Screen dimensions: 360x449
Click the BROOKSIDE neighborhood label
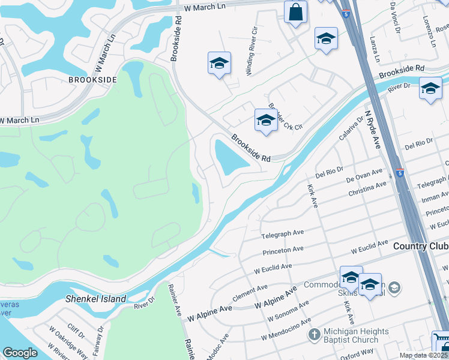click(92, 79)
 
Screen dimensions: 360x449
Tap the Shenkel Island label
click(97, 299)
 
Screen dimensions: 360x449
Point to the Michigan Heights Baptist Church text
click(357, 337)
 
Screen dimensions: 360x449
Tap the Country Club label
click(421, 247)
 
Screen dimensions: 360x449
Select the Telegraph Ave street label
click(283, 233)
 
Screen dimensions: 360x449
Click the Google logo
click(20, 353)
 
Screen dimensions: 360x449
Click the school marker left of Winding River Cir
click(219, 63)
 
